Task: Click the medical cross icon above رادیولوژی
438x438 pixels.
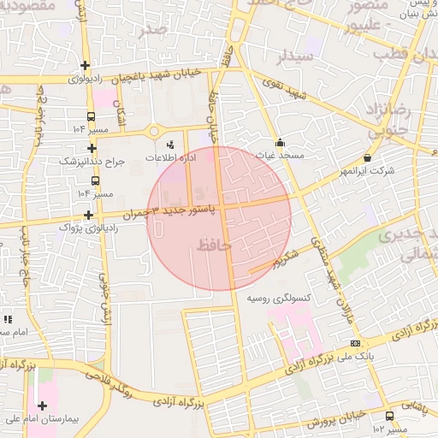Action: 85,66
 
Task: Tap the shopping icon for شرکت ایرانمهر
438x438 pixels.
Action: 367,157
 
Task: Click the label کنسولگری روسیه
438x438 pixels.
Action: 277,299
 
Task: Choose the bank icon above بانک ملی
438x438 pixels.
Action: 354,342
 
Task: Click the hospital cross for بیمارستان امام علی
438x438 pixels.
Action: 42,405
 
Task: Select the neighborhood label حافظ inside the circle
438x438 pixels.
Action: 213,246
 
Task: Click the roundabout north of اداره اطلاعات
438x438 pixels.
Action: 155,131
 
